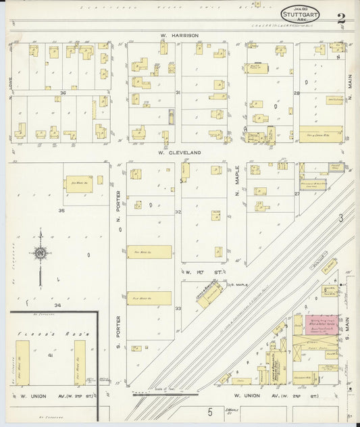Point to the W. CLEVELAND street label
pos(180,153)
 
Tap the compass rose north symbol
pos(41,253)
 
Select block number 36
pos(63,93)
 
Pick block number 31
pos(178,93)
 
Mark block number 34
pos(58,306)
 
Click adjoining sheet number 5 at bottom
pos(210,411)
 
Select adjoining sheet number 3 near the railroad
pos(341,218)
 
